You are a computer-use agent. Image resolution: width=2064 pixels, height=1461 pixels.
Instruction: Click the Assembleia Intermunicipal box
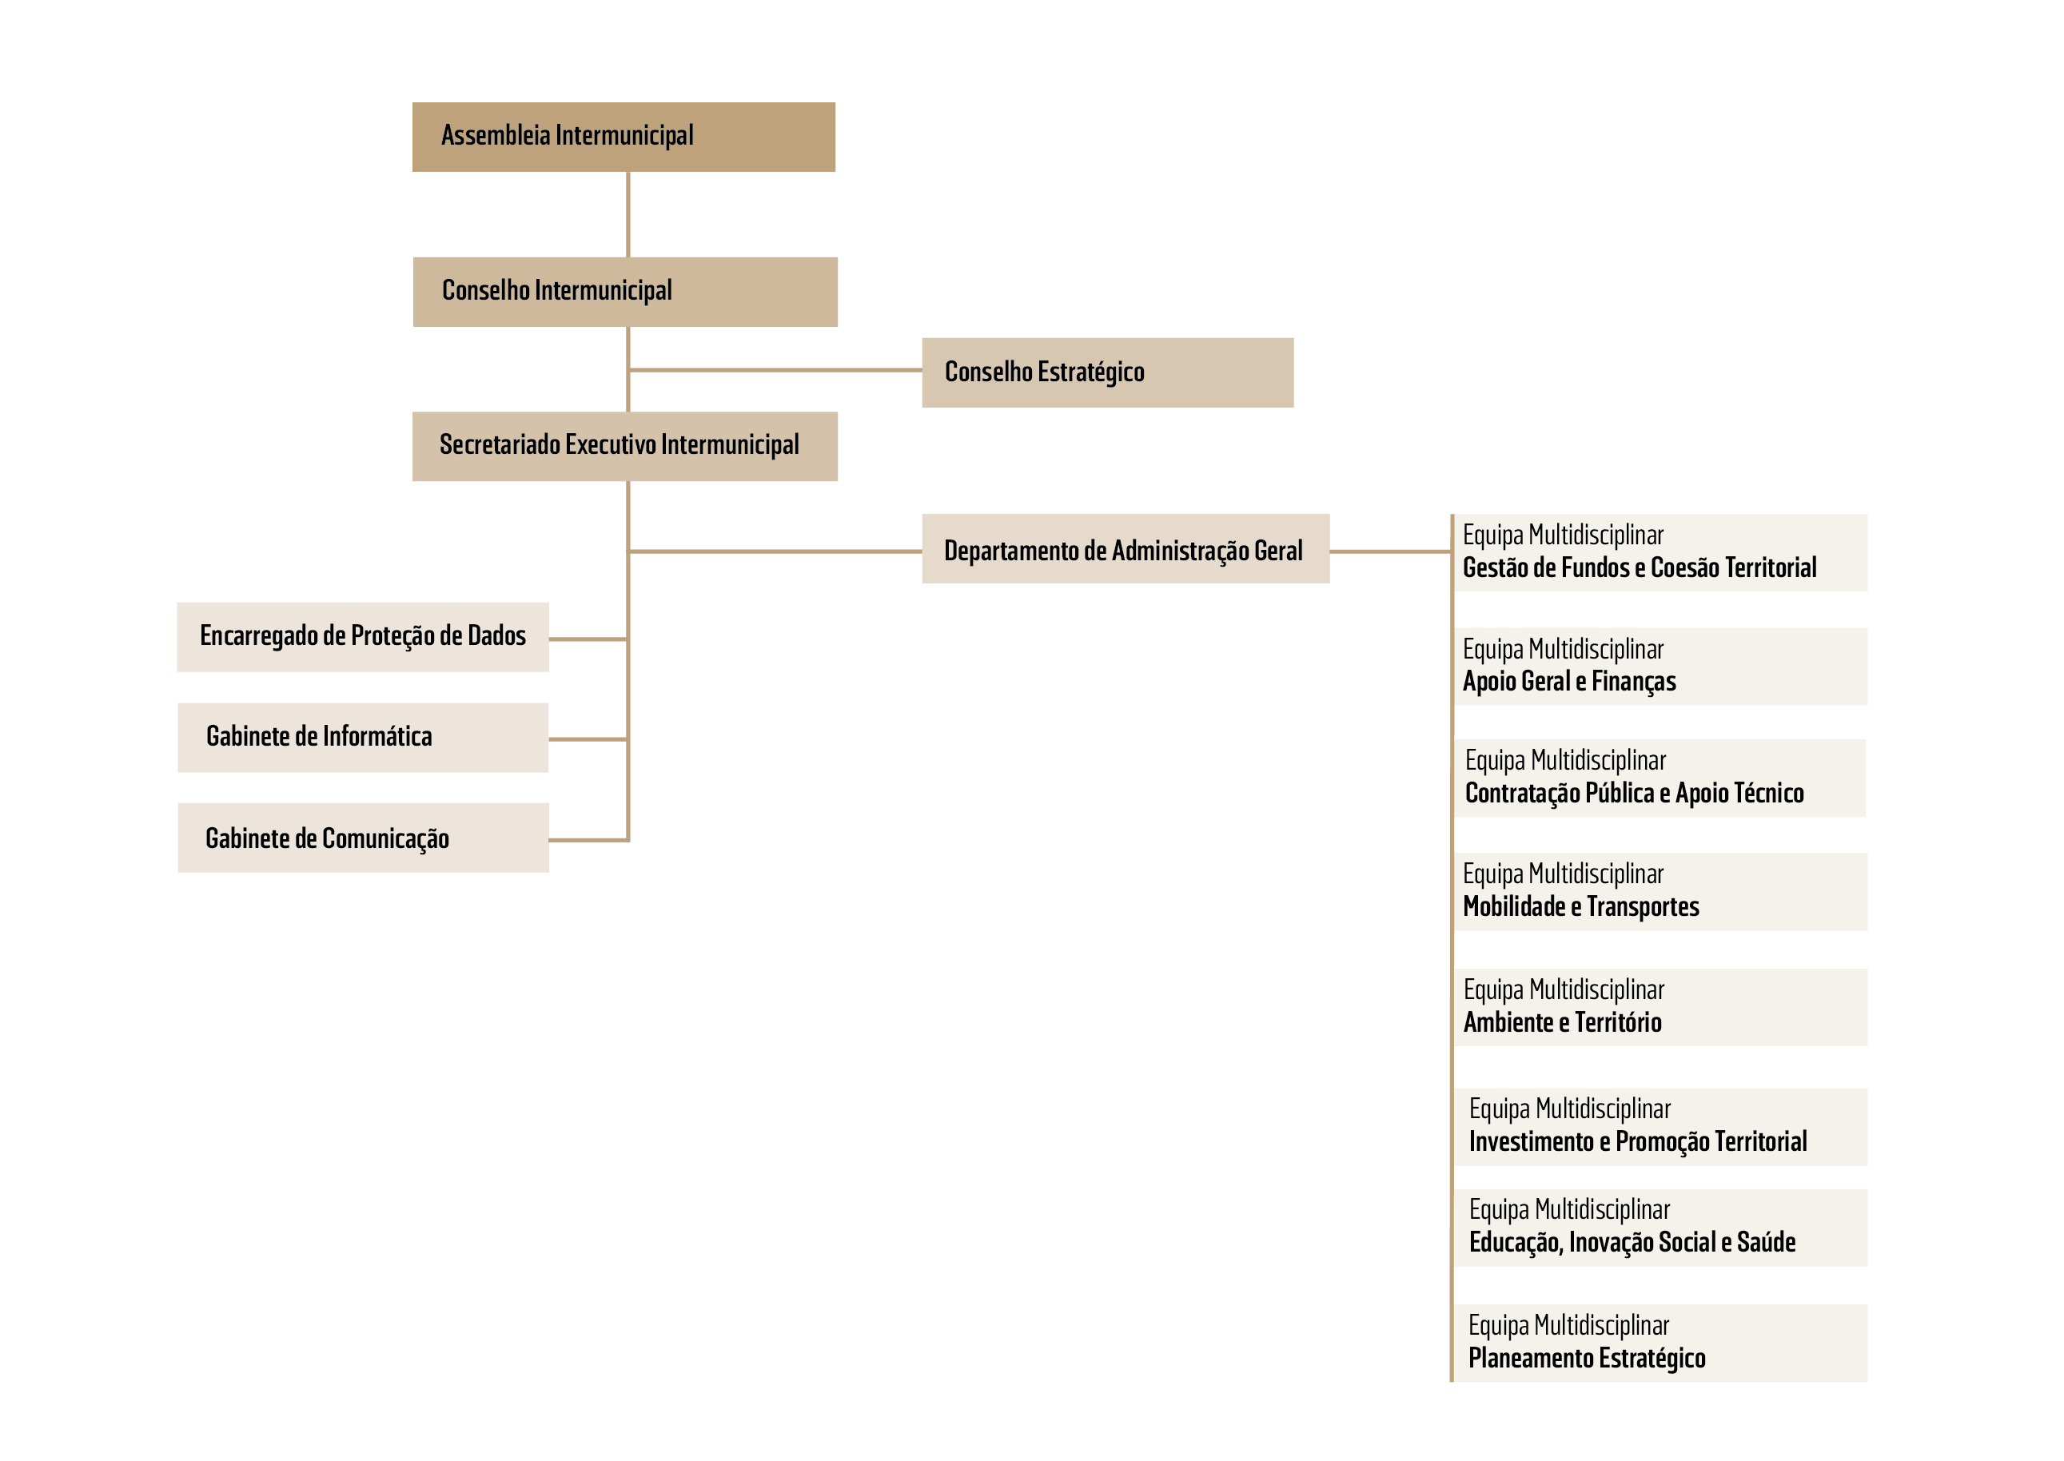[x=624, y=137]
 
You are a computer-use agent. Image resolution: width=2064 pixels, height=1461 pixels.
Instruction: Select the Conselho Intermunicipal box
[x=625, y=292]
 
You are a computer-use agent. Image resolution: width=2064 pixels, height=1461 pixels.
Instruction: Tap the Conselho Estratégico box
[x=1108, y=372]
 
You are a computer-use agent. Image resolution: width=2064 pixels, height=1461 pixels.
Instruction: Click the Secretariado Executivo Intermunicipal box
[x=624, y=446]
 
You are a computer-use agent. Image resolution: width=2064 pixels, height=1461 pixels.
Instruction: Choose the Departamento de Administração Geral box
[x=1126, y=549]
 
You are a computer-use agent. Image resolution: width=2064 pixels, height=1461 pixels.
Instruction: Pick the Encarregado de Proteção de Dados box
[x=363, y=637]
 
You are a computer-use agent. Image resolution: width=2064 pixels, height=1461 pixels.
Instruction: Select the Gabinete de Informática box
[x=363, y=738]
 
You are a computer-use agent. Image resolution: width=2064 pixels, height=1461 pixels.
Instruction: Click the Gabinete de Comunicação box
[x=363, y=838]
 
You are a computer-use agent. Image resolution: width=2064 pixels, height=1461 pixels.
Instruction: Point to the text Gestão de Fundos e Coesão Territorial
[x=1640, y=567]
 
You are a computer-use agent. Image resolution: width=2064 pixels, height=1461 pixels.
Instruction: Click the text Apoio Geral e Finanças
[x=1569, y=681]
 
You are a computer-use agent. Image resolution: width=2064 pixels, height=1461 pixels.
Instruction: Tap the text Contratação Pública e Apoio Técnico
[x=1634, y=793]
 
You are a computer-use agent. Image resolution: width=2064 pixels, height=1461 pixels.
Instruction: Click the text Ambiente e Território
[x=1562, y=1022]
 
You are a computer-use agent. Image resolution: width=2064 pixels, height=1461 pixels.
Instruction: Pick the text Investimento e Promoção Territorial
[x=1637, y=1141]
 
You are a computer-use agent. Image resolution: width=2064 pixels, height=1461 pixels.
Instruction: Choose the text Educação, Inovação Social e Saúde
[x=1632, y=1242]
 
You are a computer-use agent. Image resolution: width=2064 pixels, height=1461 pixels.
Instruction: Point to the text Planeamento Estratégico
[x=1586, y=1359]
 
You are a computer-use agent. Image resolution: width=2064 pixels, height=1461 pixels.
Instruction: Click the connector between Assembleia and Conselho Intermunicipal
[x=628, y=215]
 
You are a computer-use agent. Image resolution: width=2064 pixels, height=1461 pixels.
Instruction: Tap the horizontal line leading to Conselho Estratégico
[x=775, y=370]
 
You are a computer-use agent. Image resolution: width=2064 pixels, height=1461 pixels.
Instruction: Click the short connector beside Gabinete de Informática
[x=588, y=739]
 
